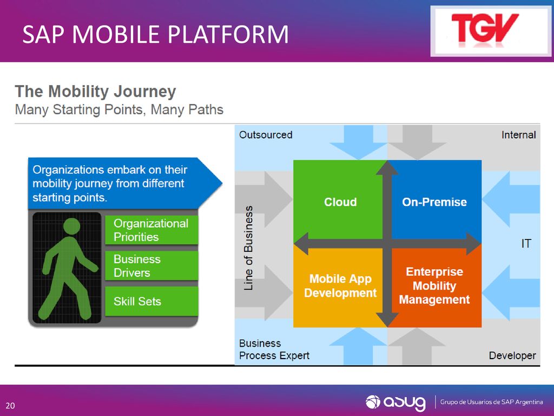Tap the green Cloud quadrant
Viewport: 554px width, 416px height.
[x=338, y=199]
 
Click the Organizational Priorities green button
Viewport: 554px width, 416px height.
[x=151, y=230]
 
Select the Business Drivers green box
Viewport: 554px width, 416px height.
[x=151, y=265]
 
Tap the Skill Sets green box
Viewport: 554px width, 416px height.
[x=151, y=301]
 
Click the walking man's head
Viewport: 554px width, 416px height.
[x=72, y=226]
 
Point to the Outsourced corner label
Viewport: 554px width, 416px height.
[x=266, y=135]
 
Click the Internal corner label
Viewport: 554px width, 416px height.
[x=518, y=135]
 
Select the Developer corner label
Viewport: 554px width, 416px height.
[x=512, y=355]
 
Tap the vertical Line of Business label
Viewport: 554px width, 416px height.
[x=248, y=248]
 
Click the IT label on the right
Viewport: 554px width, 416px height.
[x=526, y=243]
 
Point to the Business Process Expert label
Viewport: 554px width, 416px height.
[x=274, y=349]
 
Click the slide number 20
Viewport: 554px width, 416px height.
[x=10, y=405]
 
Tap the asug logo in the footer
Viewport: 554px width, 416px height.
[x=395, y=402]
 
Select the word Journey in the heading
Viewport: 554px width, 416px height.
[x=145, y=92]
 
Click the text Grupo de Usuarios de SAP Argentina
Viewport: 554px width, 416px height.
[x=491, y=402]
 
